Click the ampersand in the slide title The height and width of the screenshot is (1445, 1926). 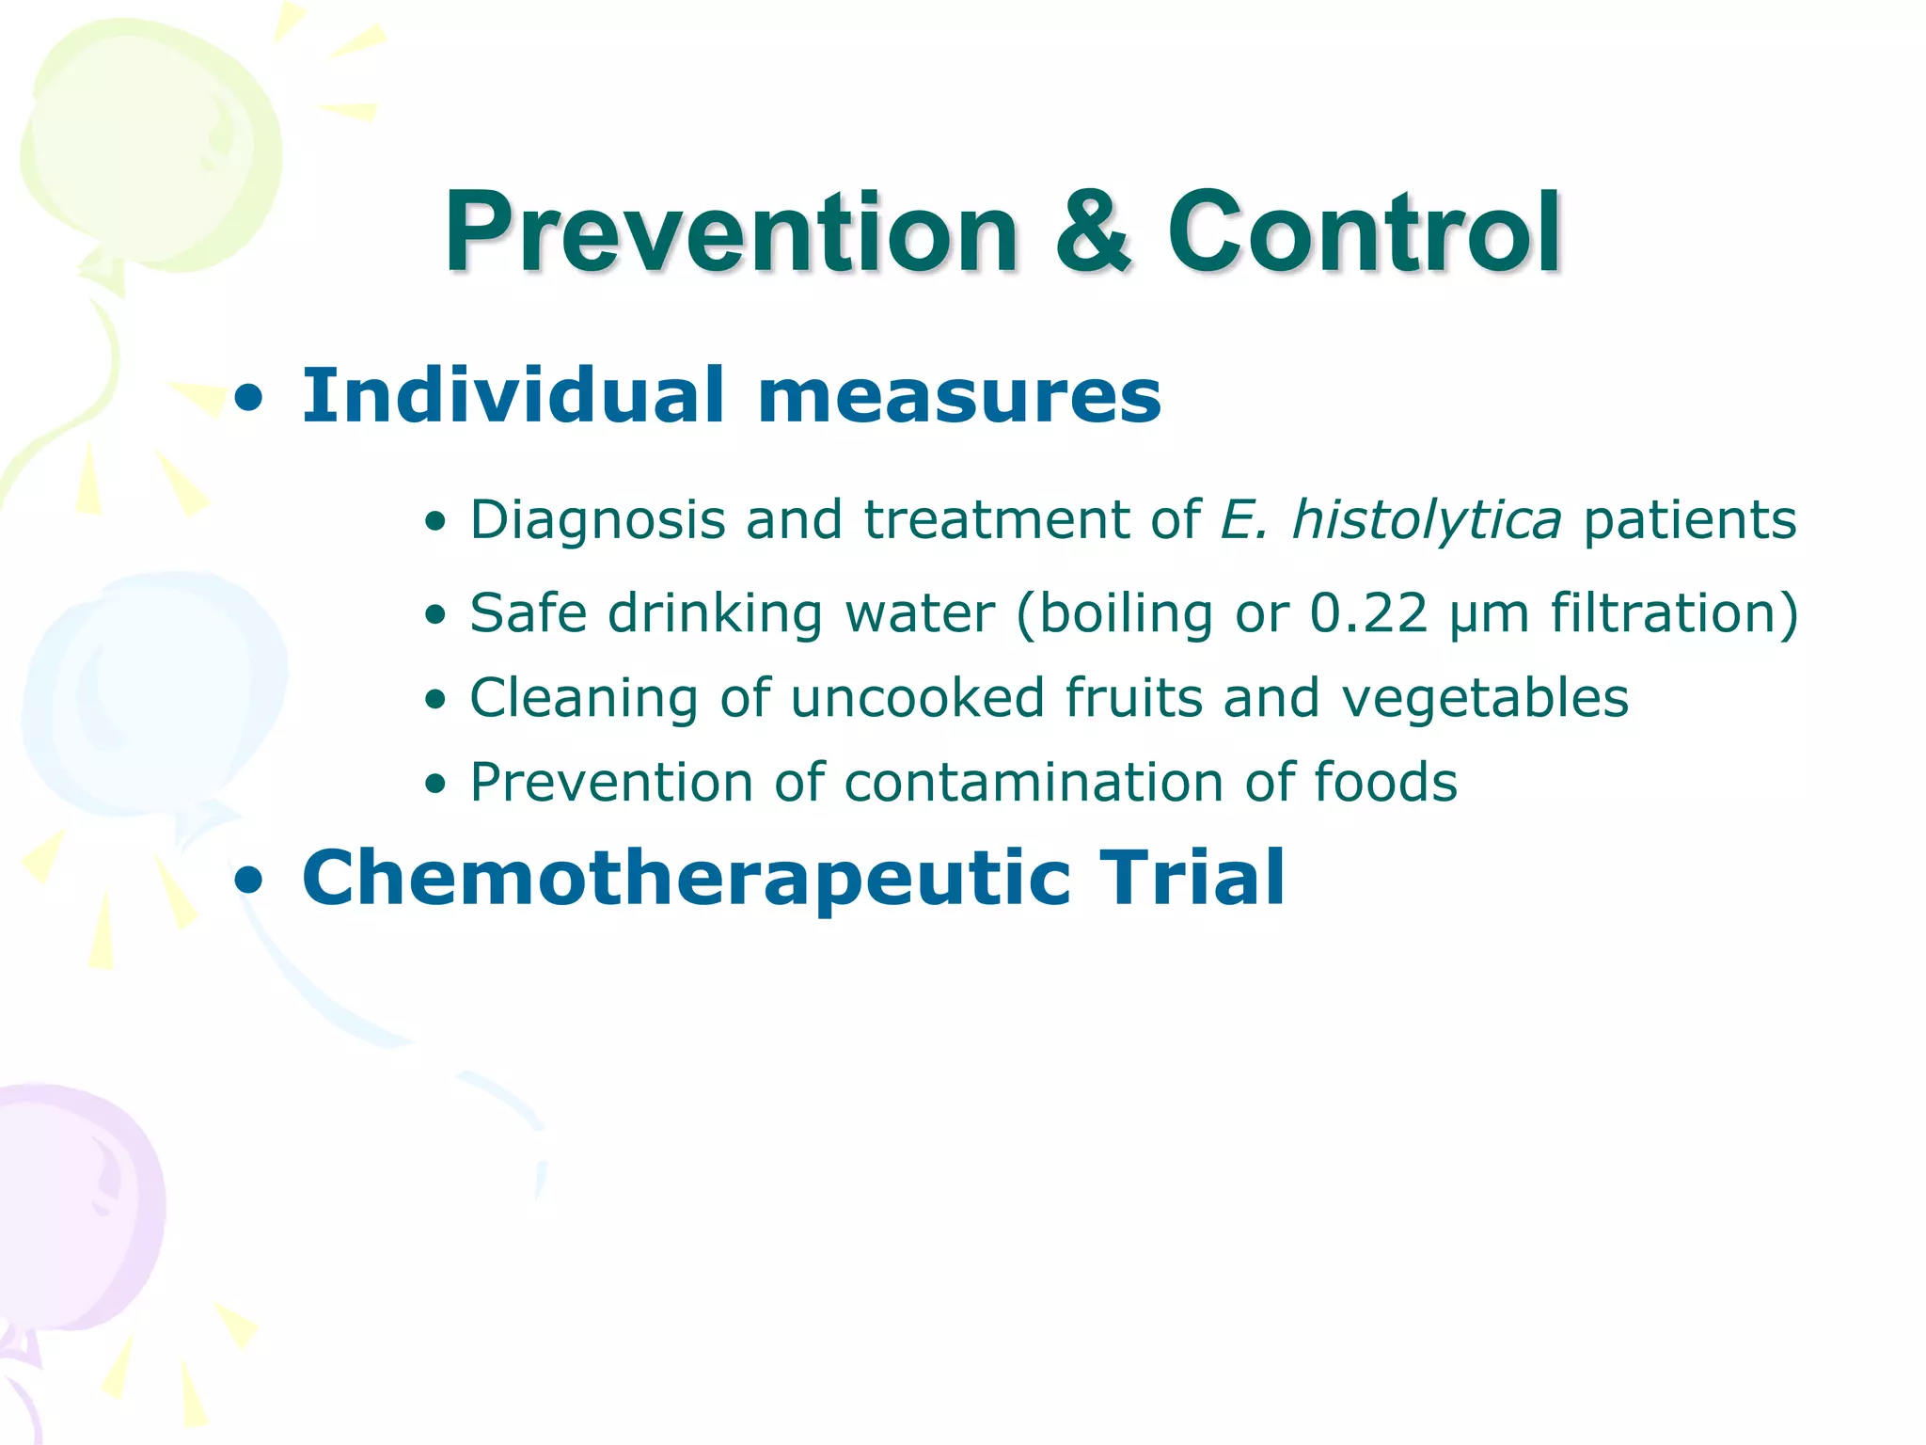coord(1092,233)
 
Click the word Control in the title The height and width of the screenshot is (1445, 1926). coord(1364,231)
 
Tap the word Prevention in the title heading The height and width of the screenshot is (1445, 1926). coord(732,231)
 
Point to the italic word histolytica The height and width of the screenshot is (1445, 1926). coord(1426,519)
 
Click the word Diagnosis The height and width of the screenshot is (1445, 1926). coord(598,520)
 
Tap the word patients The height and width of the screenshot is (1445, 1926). coord(1690,520)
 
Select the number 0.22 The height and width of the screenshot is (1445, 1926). coord(1368,613)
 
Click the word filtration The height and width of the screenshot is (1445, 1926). coord(1665,613)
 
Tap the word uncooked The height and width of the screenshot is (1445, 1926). coord(917,698)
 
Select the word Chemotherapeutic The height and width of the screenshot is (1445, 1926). coord(687,879)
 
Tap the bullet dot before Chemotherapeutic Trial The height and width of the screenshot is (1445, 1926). coord(249,881)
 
